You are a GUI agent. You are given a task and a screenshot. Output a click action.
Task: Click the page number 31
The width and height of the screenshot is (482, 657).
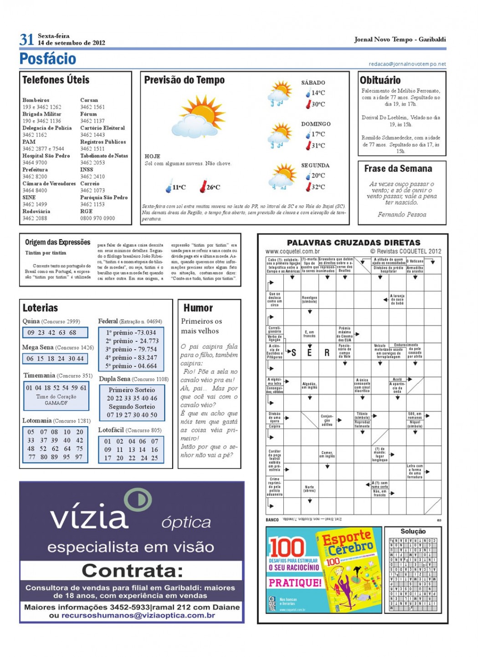[x=26, y=40]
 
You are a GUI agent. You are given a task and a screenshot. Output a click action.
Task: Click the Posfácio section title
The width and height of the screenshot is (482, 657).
[x=47, y=59]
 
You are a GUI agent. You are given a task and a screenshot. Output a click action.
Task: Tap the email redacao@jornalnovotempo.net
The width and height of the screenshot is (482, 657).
[x=407, y=64]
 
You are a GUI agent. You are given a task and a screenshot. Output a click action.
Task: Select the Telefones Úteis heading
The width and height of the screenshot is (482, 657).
[x=56, y=80]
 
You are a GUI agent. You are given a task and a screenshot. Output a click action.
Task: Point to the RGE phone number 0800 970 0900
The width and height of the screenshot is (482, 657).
[x=97, y=218]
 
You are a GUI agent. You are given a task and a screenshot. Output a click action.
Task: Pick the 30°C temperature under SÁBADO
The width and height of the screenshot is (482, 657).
[x=318, y=104]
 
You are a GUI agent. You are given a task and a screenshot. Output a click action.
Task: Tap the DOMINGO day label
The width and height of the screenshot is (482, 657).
[x=315, y=124]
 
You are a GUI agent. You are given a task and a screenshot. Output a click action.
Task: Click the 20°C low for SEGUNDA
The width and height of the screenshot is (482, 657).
[x=318, y=175]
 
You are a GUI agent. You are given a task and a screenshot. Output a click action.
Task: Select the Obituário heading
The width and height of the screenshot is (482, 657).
[x=380, y=80]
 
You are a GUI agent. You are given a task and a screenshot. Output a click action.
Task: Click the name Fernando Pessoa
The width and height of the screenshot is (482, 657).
[x=402, y=214]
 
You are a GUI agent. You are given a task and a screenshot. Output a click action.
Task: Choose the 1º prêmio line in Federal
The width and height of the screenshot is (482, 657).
[x=131, y=333]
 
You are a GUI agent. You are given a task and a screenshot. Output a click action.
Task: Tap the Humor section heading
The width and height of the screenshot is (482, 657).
[x=198, y=308]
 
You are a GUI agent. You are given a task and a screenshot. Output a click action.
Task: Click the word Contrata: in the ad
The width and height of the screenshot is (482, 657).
[x=132, y=570]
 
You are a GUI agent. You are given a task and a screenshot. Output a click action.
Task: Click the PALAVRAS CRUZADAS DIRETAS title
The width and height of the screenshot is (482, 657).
[x=354, y=243]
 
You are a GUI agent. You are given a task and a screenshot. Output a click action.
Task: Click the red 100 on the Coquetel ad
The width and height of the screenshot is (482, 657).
[x=287, y=547]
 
